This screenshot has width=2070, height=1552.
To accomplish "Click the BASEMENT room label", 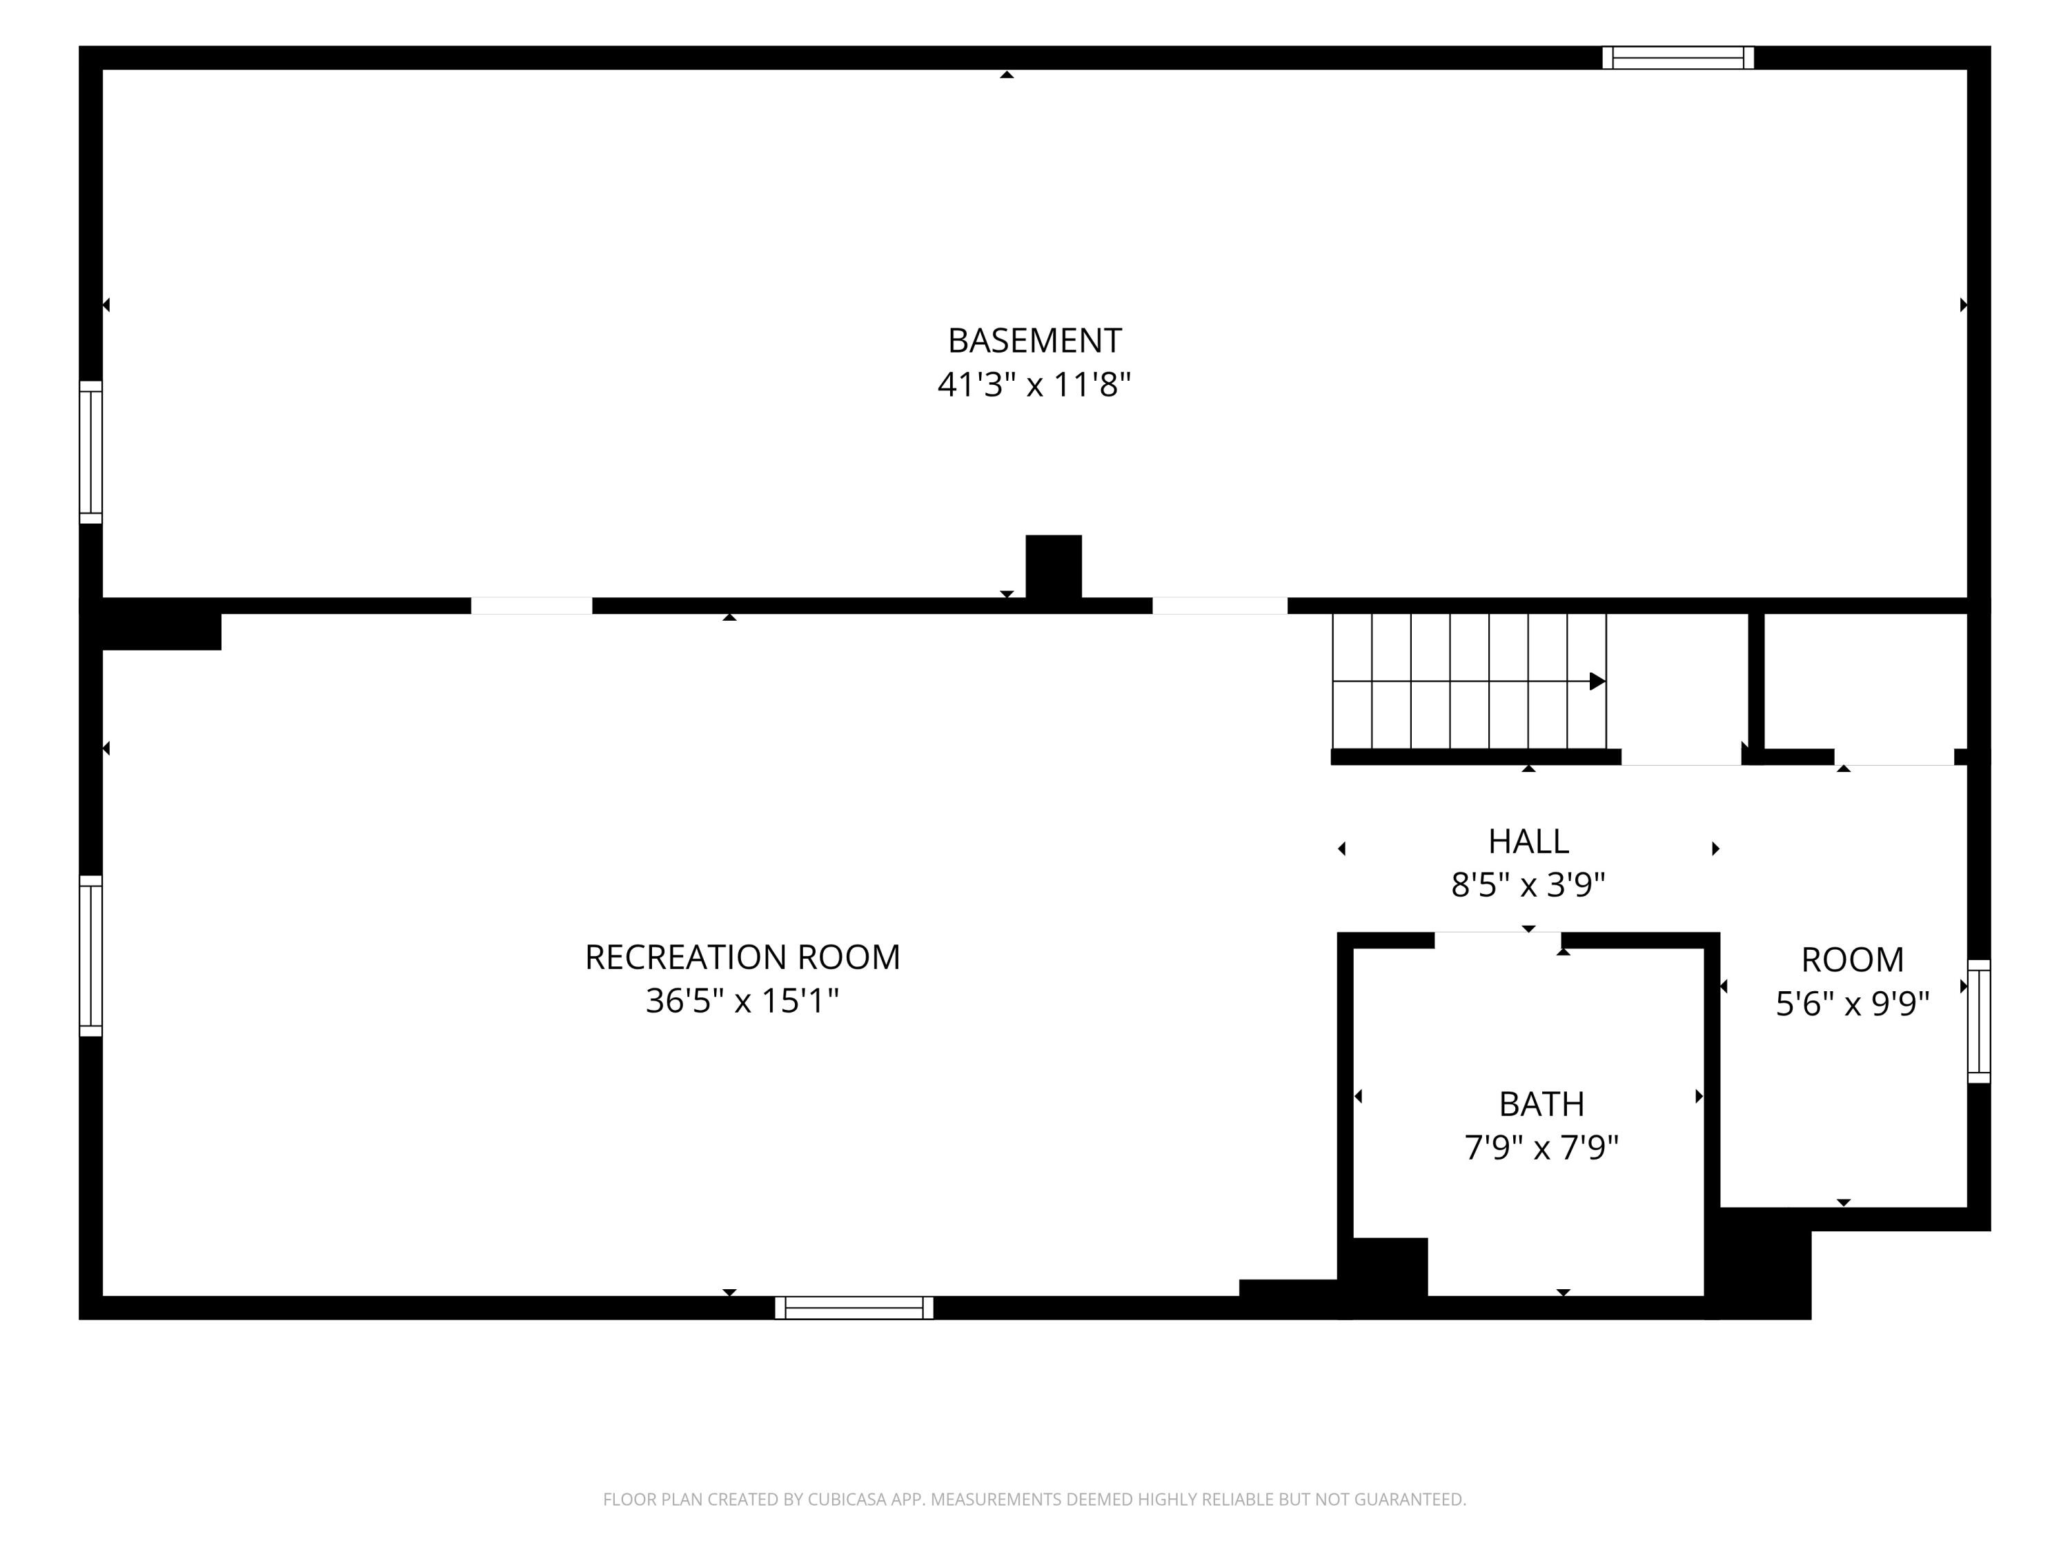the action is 1034,341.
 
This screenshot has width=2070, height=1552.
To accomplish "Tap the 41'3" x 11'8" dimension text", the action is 1034,384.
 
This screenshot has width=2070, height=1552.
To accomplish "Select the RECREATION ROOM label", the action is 742,957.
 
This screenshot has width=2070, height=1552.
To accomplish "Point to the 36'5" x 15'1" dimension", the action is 742,1001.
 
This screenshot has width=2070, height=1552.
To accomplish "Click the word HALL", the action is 1528,842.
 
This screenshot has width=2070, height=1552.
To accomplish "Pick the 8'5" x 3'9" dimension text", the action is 1528,885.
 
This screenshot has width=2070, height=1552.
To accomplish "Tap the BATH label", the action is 1541,1104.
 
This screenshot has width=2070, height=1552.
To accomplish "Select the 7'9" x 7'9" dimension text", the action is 1541,1147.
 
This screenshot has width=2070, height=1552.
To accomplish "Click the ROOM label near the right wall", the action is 1852,960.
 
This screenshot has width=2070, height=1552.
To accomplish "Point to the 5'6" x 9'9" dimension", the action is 1852,1004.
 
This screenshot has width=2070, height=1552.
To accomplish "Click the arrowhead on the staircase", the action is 1597,681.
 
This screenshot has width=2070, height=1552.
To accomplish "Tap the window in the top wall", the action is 1678,58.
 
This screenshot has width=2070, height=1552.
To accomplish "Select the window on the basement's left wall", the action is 91,452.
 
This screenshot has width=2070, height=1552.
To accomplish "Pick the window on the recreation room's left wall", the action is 91,956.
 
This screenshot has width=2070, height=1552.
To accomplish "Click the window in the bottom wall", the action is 854,1308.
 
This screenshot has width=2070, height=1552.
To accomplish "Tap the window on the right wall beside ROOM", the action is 1979,1022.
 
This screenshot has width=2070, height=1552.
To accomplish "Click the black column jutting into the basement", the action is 1054,567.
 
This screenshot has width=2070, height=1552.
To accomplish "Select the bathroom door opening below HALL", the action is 1497,940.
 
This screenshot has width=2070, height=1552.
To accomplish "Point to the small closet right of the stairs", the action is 1866,681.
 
